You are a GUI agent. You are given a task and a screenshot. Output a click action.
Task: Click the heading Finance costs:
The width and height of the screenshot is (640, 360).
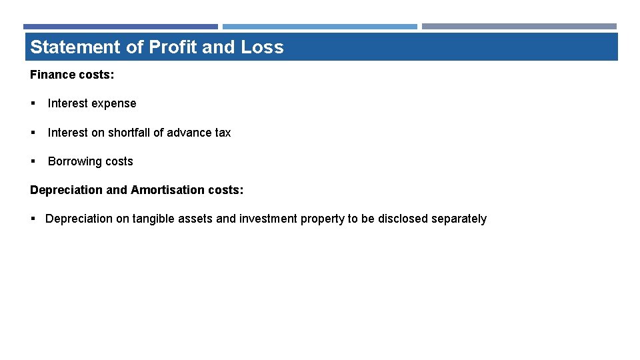[x=72, y=75]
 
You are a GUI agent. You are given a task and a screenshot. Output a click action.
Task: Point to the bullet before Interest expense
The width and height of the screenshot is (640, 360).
[x=33, y=104]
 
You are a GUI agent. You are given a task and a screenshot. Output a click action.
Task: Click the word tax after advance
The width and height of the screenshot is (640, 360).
[x=223, y=133]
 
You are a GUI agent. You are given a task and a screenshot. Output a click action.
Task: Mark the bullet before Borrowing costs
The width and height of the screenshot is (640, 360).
[x=33, y=161]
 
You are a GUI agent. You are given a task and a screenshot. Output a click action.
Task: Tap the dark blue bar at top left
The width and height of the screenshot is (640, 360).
[x=121, y=27]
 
